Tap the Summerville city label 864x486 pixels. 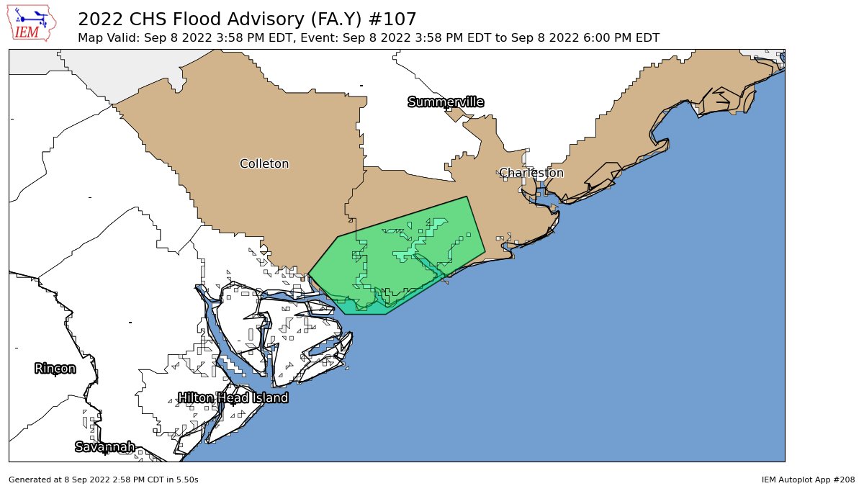445,102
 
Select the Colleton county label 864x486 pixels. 264,164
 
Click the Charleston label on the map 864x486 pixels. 531,173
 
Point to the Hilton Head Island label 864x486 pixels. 233,398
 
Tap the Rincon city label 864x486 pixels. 55,369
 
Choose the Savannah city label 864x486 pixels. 105,447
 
